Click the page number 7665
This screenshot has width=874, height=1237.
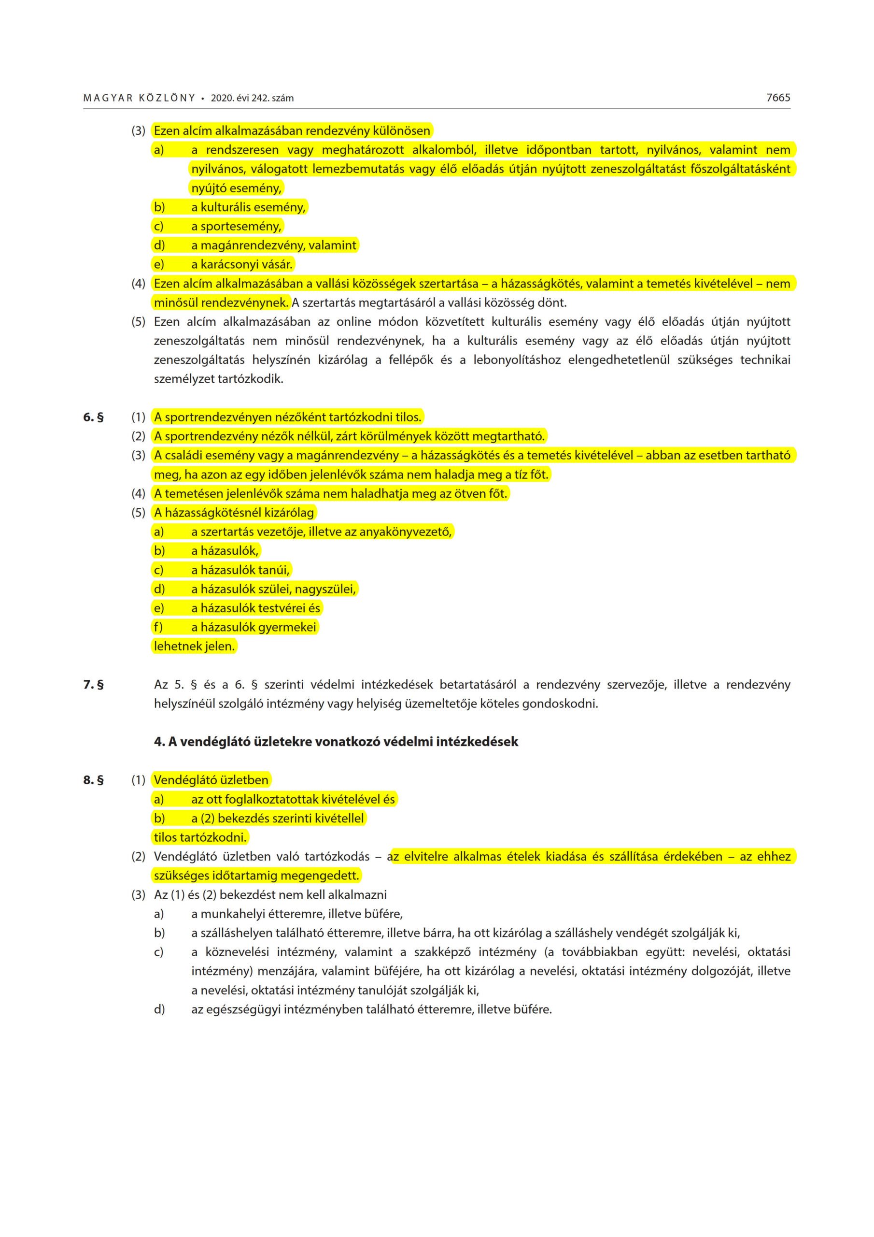(x=777, y=98)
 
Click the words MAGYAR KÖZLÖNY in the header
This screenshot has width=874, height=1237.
(x=139, y=98)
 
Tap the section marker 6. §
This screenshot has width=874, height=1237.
(x=93, y=417)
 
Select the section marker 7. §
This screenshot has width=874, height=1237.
(x=93, y=684)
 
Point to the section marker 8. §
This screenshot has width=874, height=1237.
(x=93, y=779)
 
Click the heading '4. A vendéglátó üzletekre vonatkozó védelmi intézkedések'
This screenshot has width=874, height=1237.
(x=336, y=741)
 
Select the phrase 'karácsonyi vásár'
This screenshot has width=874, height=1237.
(x=246, y=264)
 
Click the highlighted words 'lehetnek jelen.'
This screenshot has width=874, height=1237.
(x=194, y=646)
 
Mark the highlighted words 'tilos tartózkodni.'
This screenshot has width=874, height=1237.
(x=200, y=837)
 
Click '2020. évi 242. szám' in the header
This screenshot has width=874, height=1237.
(x=252, y=98)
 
